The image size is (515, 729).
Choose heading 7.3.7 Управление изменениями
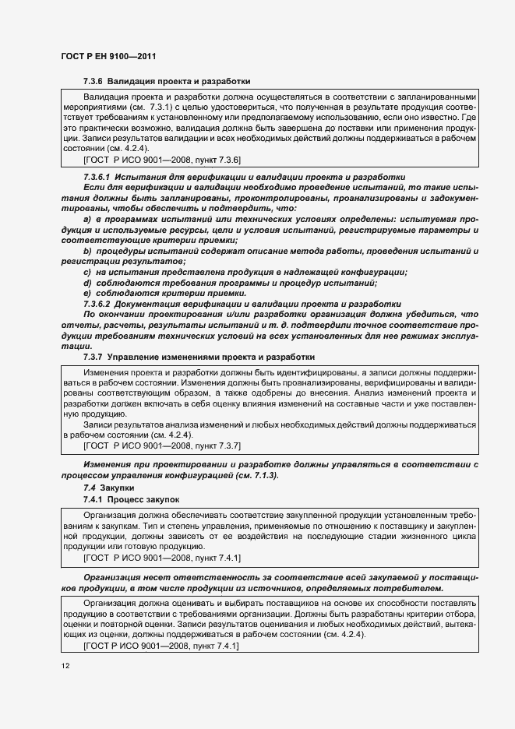(x=199, y=356)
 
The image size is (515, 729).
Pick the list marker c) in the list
(x=86, y=271)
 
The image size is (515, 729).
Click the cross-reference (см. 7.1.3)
(x=250, y=476)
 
